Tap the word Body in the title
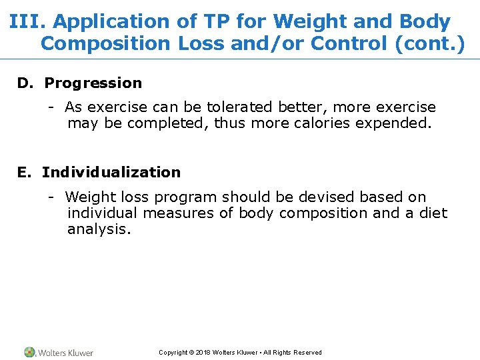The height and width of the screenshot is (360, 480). pyautogui.click(x=425, y=22)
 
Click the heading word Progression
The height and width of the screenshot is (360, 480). pyautogui.click(x=93, y=83)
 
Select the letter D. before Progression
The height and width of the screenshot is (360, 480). pyautogui.click(x=25, y=83)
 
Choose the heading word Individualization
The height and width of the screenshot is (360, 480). pyautogui.click(x=111, y=173)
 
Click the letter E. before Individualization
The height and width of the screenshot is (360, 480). pyautogui.click(x=25, y=173)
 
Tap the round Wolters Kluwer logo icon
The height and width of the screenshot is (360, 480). pyautogui.click(x=30, y=352)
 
